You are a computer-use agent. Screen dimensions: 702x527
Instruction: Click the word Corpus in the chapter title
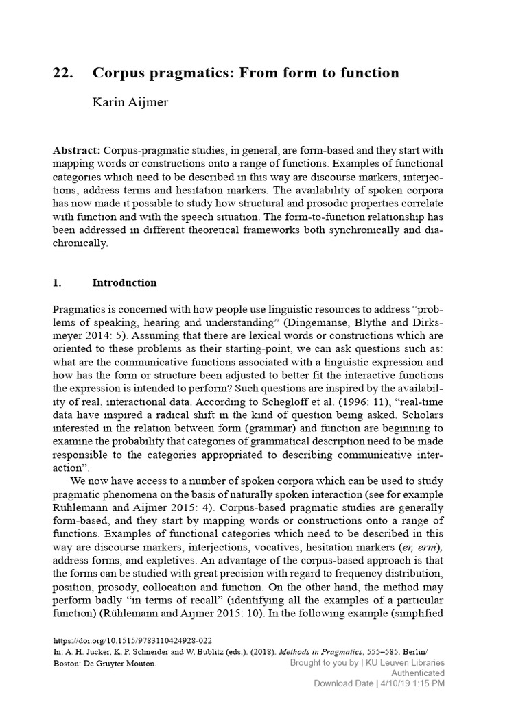119,73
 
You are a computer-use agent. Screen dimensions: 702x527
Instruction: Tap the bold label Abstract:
77,149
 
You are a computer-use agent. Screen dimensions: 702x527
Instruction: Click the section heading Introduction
124,282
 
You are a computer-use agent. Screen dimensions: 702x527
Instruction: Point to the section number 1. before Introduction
58,282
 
